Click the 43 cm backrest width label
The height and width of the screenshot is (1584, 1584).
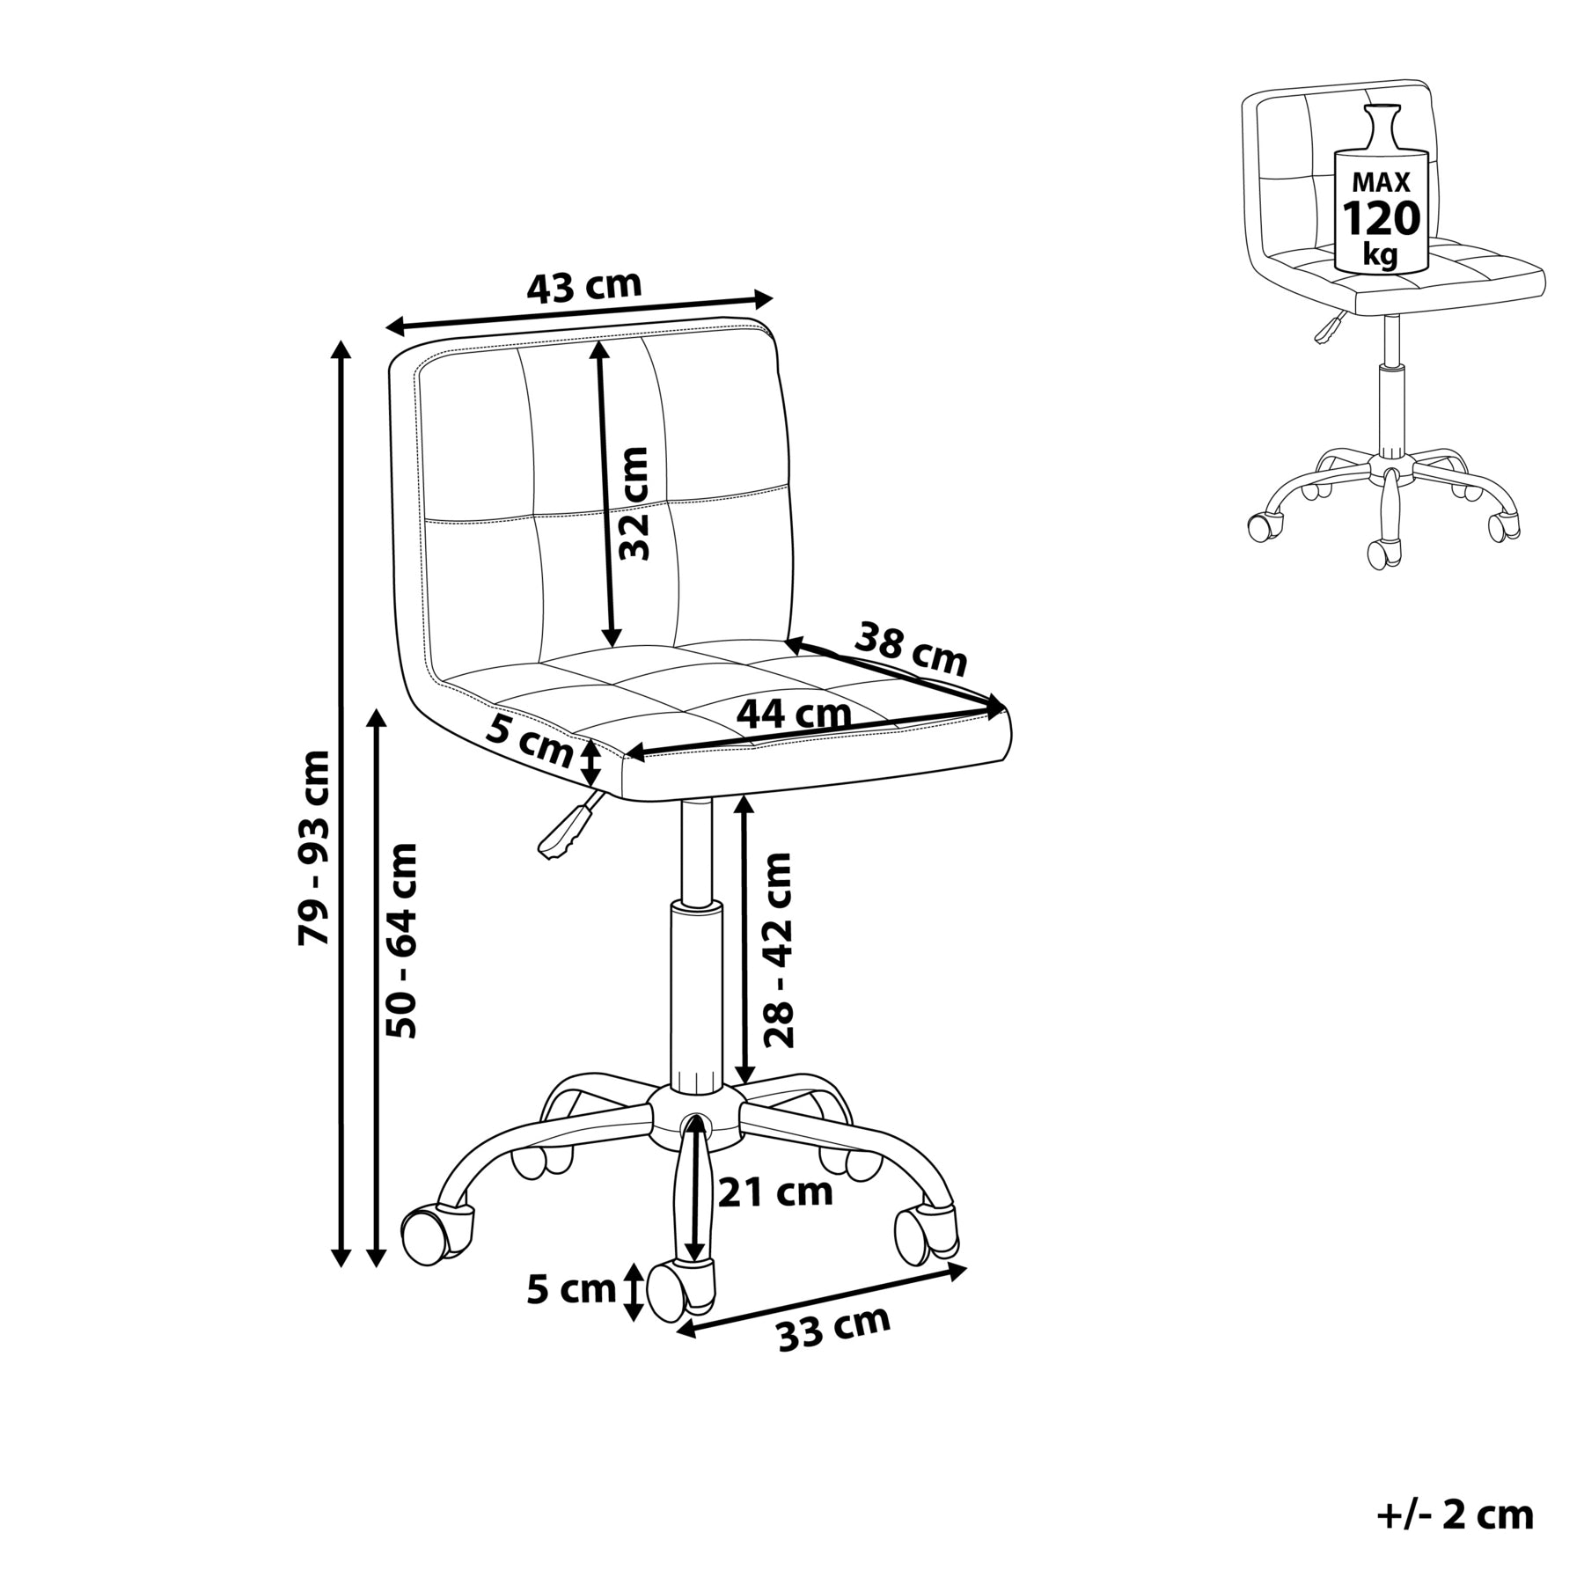(x=584, y=286)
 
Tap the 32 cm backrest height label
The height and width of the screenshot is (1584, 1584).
(x=633, y=503)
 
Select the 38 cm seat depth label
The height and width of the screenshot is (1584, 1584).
(x=912, y=648)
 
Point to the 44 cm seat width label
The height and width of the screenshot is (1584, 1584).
(x=794, y=713)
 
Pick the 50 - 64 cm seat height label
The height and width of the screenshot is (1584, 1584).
(x=404, y=941)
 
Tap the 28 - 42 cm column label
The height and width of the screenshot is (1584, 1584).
(x=778, y=950)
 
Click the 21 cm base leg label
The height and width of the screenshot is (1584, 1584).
(x=775, y=1192)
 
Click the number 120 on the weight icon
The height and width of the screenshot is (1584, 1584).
(x=1381, y=218)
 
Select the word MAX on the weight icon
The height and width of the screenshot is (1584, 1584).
(x=1381, y=183)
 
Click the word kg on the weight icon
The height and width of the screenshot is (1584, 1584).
(x=1380, y=255)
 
